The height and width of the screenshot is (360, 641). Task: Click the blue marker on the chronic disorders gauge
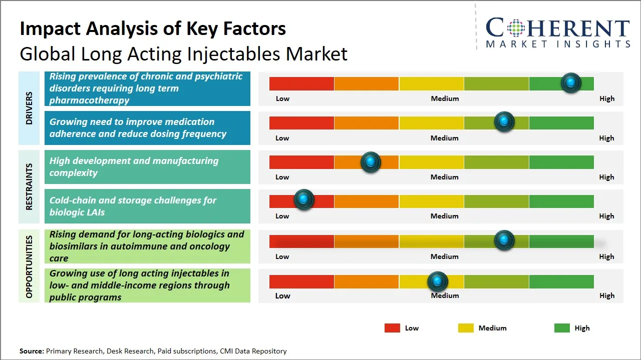pyautogui.click(x=571, y=82)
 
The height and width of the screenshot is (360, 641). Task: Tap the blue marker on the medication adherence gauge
pyautogui.click(x=504, y=121)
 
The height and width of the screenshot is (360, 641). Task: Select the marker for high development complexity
pyautogui.click(x=371, y=162)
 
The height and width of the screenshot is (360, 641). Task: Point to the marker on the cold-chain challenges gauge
pyautogui.click(x=303, y=200)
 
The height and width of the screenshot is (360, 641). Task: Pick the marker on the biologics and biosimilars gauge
pyautogui.click(x=504, y=240)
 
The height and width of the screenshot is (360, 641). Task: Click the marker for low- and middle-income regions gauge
pyautogui.click(x=438, y=282)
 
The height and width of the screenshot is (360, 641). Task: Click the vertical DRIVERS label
pyautogui.click(x=29, y=108)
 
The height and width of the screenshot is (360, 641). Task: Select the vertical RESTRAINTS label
pyautogui.click(x=29, y=186)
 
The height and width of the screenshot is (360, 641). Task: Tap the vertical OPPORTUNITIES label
pyautogui.click(x=29, y=266)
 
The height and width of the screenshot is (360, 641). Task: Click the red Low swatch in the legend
pyautogui.click(x=392, y=328)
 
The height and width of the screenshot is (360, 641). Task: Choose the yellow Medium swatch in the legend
pyautogui.click(x=466, y=328)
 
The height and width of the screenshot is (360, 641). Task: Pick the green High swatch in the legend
pyautogui.click(x=562, y=328)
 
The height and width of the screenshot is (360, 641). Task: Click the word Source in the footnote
pyautogui.click(x=32, y=351)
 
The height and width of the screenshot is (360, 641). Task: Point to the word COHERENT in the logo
pyautogui.click(x=558, y=28)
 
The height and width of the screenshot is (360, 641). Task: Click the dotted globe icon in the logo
pyautogui.click(x=516, y=28)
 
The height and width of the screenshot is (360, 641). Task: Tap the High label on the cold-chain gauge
pyautogui.click(x=606, y=216)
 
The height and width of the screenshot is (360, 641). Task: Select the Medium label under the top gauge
pyautogui.click(x=445, y=98)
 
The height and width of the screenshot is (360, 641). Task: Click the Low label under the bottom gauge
pyautogui.click(x=282, y=295)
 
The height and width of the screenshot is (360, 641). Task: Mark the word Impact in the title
pyautogui.click(x=50, y=29)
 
